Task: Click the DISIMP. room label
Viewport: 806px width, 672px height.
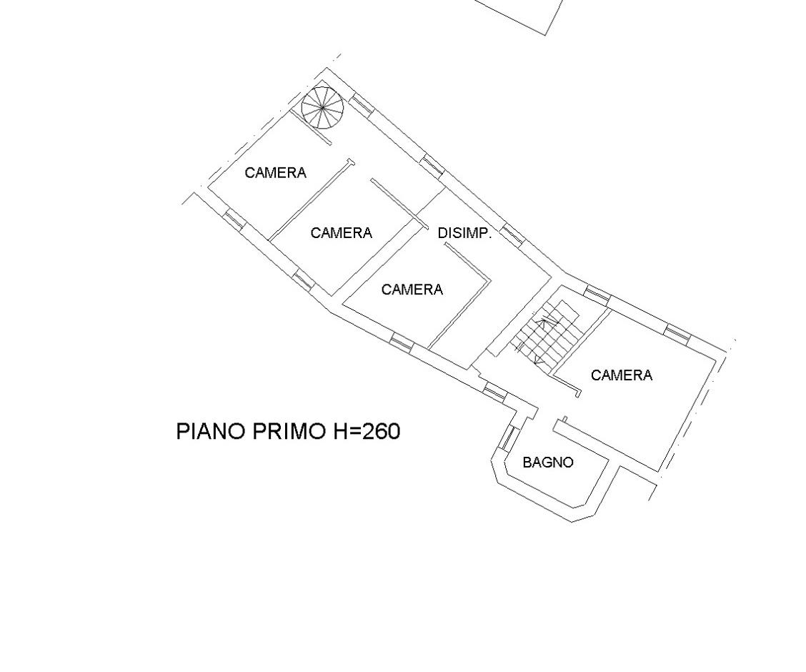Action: click(464, 234)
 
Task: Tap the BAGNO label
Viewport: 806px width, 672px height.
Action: click(548, 463)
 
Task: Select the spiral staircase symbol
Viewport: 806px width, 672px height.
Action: click(322, 108)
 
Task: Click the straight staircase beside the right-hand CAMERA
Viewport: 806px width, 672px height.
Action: click(548, 333)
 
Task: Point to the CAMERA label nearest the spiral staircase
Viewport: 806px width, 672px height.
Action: click(276, 173)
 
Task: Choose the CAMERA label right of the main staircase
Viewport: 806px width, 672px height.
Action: click(622, 375)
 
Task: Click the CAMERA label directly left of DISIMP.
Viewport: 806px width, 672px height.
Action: click(342, 233)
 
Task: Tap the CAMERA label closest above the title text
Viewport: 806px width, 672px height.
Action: click(412, 290)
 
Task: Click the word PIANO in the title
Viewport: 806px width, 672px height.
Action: click(211, 431)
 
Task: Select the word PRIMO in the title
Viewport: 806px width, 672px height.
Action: click(289, 431)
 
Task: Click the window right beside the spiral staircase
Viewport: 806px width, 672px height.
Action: click(362, 104)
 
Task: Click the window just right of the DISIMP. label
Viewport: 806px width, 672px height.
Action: click(513, 234)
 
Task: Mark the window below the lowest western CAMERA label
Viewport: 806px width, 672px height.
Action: click(402, 342)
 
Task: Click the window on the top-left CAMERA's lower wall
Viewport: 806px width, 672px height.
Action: click(233, 219)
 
